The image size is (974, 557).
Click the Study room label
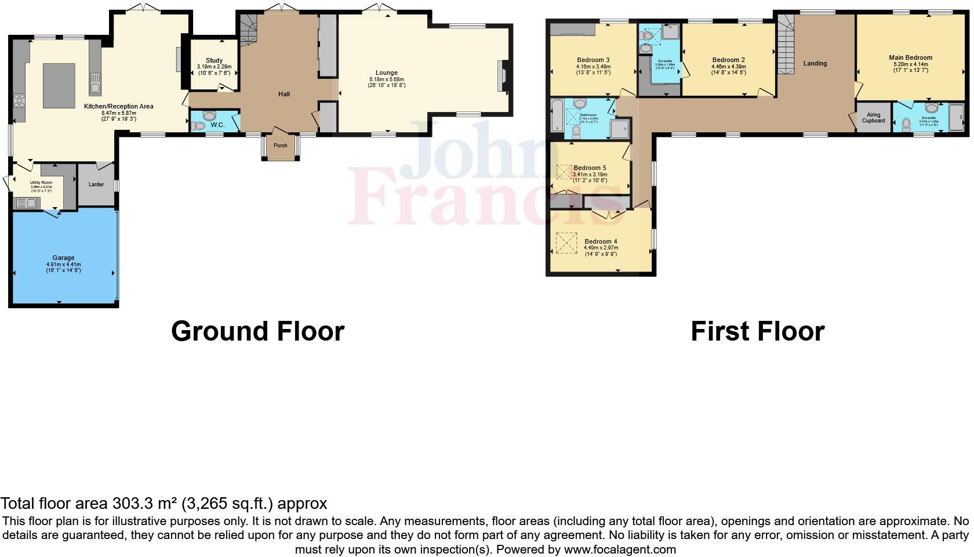[214, 60]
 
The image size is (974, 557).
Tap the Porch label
[280, 146]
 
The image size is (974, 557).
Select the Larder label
[96, 185]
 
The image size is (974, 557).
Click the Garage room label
[64, 258]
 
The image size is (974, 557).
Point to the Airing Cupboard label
[873, 118]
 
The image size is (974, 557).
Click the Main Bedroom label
[910, 57]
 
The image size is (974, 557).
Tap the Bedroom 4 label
[601, 241]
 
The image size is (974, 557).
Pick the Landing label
[815, 63]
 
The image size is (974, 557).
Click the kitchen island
[59, 85]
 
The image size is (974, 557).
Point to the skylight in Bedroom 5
[564, 172]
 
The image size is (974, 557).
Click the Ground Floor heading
[257, 331]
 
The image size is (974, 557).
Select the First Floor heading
[757, 331]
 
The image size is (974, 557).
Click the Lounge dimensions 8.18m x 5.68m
[386, 79]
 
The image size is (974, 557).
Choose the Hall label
[284, 94]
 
